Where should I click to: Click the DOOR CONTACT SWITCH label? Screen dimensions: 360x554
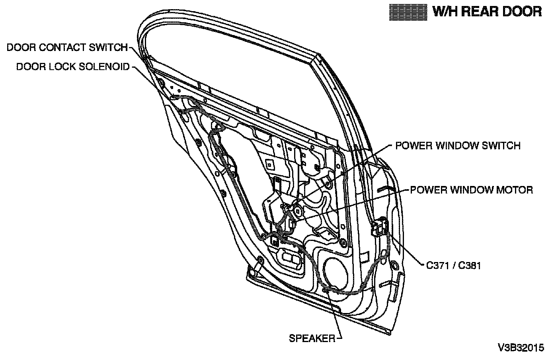(67, 47)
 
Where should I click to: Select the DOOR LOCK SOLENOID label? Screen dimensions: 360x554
(73, 67)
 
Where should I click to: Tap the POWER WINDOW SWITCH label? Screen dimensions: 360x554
(458, 145)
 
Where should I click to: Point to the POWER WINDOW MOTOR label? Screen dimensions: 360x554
(471, 190)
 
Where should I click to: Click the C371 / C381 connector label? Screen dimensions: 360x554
(453, 265)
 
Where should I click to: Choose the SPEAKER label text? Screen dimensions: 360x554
(312, 338)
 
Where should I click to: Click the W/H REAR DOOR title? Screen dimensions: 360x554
(487, 12)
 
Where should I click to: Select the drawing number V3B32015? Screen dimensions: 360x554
(520, 348)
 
